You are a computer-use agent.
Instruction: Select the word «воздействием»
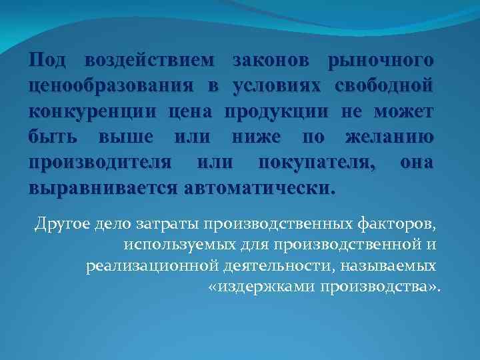pos(150,62)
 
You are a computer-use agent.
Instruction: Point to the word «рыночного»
pos(381,62)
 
